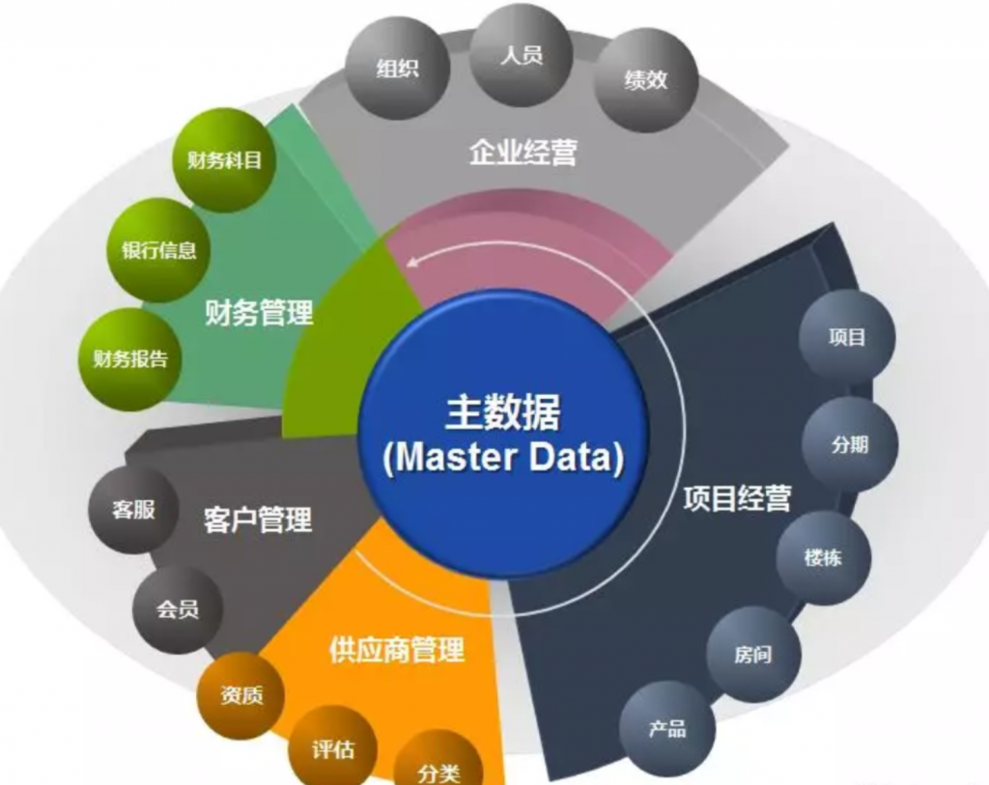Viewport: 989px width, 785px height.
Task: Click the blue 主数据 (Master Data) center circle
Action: pos(501,435)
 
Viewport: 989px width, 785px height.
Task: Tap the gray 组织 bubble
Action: pos(399,70)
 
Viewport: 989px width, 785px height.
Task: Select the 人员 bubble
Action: pos(522,55)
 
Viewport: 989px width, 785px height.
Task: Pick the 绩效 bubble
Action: pos(645,80)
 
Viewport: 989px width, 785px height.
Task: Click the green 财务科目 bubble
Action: pos(224,160)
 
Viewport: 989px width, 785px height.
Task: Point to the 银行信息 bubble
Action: pos(159,250)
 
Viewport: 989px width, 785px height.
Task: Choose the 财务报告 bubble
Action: pos(129,358)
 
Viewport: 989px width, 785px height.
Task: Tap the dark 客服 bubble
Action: pos(134,510)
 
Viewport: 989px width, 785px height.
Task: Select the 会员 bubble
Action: pos(178,610)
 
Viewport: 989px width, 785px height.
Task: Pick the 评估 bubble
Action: pos(333,746)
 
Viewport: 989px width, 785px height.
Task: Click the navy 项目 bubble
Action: pos(847,337)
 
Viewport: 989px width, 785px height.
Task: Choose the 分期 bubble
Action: pos(850,444)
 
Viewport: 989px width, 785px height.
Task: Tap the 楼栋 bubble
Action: pos(823,558)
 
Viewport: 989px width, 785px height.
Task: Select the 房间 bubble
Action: pos(752,655)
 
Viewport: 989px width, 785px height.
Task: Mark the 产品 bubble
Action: pos(667,728)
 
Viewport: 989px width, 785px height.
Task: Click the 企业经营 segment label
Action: pos(523,153)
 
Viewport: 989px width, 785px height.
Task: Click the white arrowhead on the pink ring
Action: pos(412,259)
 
